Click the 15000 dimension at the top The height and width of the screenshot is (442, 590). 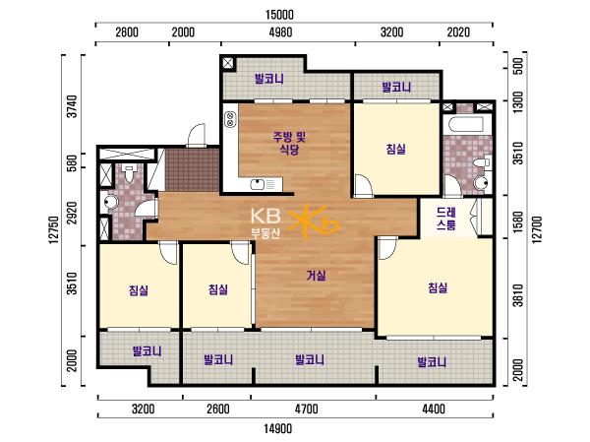coord(279,15)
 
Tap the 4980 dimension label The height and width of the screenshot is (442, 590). coord(280,32)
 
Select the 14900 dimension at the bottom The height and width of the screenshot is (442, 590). coord(277,428)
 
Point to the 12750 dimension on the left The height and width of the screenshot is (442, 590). coord(54,229)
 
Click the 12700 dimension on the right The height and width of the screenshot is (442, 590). coord(537,229)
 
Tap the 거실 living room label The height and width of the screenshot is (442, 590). coord(316,276)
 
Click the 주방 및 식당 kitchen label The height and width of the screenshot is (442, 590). coord(289,143)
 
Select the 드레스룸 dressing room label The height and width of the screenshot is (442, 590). coord(446,219)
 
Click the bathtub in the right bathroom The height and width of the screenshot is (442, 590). coord(463,125)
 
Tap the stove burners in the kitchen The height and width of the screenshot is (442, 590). coord(229,119)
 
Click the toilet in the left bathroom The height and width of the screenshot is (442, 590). coord(130,173)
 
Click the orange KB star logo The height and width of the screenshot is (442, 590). coord(314,222)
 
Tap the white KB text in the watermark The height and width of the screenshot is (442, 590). coord(265,217)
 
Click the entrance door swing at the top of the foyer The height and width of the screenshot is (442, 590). coord(197,136)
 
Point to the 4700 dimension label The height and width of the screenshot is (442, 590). coord(306,409)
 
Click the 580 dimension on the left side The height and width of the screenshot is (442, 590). coord(73,162)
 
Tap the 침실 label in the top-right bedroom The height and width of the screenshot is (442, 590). coord(396,150)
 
